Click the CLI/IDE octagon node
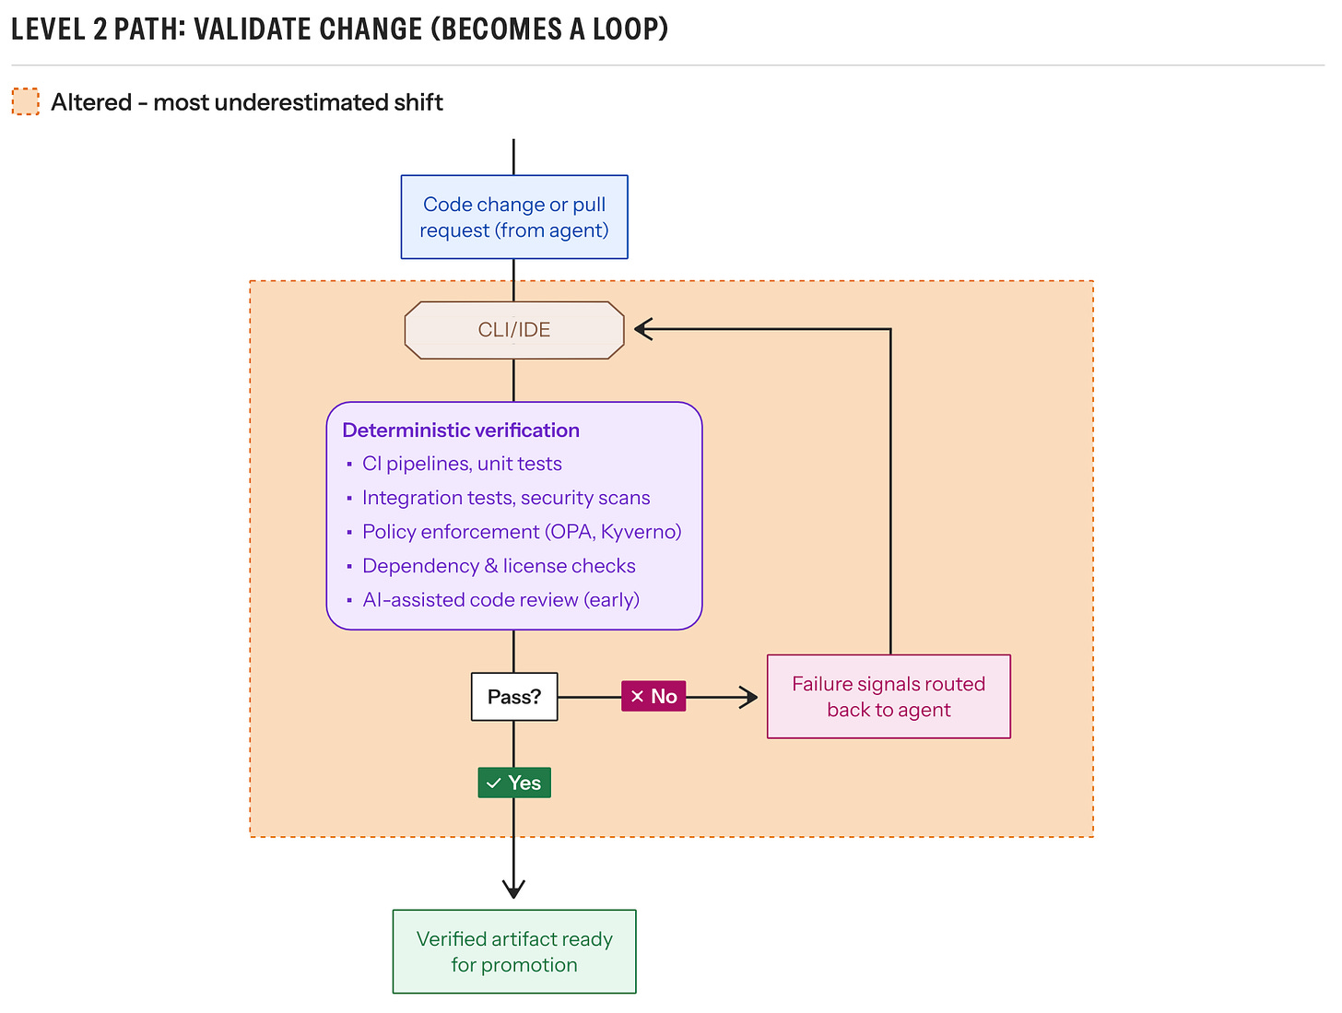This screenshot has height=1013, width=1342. [x=513, y=329]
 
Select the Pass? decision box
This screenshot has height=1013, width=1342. [x=513, y=696]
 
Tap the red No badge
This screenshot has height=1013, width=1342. [x=653, y=696]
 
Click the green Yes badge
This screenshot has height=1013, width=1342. [x=513, y=782]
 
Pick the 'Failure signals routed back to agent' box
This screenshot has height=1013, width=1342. [x=889, y=696]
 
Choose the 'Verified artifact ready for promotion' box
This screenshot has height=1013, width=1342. [x=513, y=951]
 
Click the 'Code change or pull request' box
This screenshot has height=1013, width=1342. [x=513, y=217]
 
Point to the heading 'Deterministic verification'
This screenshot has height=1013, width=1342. [x=460, y=430]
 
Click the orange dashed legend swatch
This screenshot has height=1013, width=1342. [x=25, y=101]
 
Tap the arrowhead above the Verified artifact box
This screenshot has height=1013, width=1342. [x=513, y=890]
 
